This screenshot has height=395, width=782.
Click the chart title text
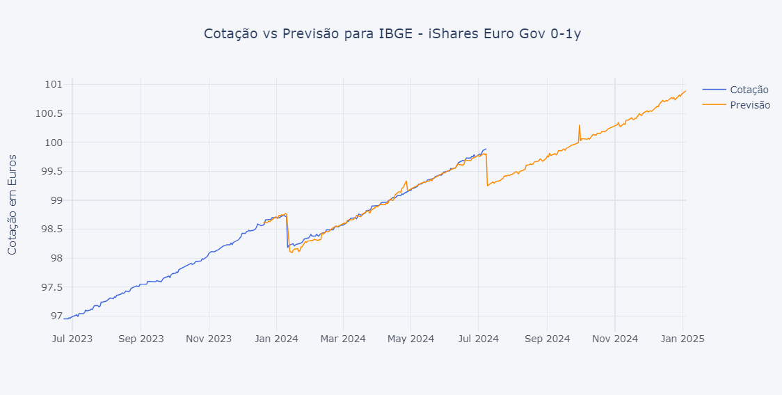tap(392, 34)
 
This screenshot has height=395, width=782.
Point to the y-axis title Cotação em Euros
tap(13, 204)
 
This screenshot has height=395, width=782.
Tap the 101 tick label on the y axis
tap(54, 85)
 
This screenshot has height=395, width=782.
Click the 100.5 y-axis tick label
tap(49, 113)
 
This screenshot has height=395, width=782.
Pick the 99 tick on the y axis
tap(56, 200)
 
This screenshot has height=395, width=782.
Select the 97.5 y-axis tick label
tap(51, 287)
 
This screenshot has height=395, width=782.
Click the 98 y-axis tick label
tap(56, 258)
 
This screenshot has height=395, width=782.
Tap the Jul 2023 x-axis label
tap(72, 339)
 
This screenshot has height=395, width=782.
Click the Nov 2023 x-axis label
tap(209, 339)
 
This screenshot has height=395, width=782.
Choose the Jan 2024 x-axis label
tap(276, 339)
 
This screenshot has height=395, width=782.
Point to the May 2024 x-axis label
tap(410, 339)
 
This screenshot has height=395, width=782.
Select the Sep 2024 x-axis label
tap(547, 339)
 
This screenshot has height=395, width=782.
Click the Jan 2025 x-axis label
tap(683, 339)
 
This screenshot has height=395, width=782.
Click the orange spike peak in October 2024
tap(579, 125)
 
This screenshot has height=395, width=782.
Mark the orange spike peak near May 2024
tap(406, 181)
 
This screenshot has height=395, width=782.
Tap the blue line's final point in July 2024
tap(486, 148)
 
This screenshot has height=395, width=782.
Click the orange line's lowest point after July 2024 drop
tap(487, 185)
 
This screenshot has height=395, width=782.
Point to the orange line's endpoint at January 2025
tap(685, 90)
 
